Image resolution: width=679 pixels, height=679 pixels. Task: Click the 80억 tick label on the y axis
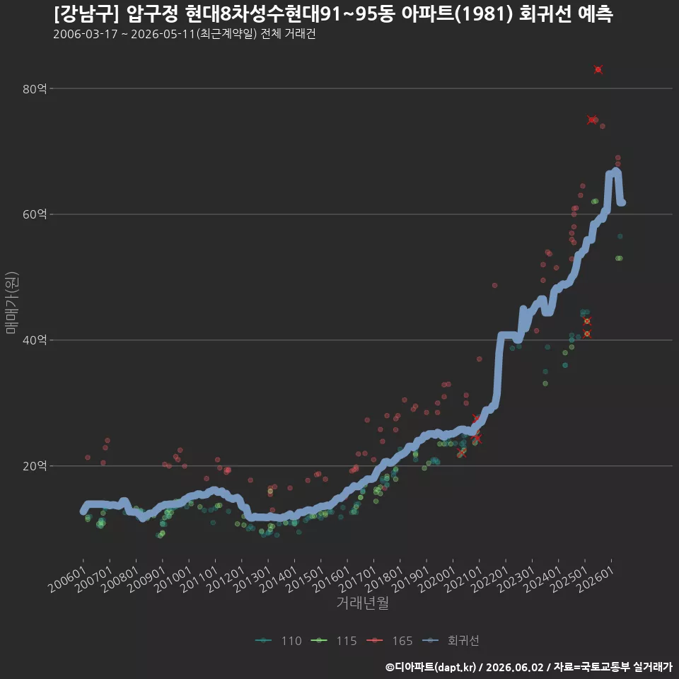coord(35,89)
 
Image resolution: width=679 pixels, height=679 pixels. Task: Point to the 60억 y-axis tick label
coord(35,214)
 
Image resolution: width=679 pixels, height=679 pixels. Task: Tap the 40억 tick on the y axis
coord(35,340)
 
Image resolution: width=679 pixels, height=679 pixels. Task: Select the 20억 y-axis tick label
coord(35,466)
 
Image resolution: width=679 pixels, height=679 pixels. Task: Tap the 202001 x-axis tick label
coord(437,579)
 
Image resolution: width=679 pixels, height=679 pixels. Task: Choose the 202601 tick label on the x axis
coord(596,579)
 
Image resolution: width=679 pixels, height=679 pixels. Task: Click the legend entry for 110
coord(279,641)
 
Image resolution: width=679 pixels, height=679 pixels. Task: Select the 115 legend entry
coord(334,641)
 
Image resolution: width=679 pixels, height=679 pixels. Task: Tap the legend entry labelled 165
coord(389,641)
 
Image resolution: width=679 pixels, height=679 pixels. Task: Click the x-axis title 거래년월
coord(362,603)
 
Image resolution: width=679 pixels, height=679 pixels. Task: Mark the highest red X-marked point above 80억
coord(598,69)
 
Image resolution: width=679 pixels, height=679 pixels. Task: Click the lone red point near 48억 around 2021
coord(494,285)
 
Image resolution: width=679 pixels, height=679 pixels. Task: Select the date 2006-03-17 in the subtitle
coord(86,34)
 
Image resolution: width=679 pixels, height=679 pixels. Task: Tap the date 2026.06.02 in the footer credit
coord(514,667)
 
